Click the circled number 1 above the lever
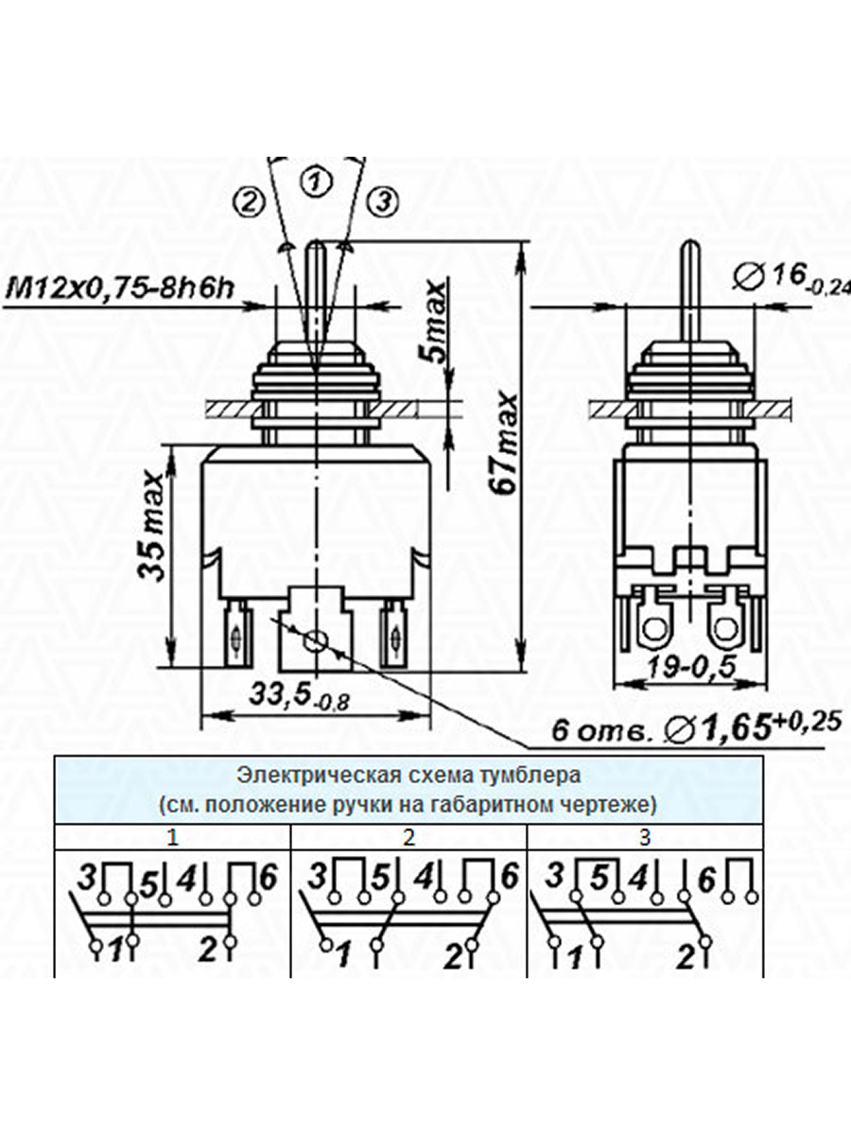pyautogui.click(x=316, y=182)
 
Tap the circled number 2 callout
pyautogui.click(x=249, y=201)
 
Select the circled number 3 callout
pyautogui.click(x=384, y=201)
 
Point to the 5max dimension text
pyautogui.click(x=436, y=323)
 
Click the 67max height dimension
pyautogui.click(x=504, y=445)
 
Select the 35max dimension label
pyautogui.click(x=152, y=525)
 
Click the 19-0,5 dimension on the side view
pyautogui.click(x=691, y=668)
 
